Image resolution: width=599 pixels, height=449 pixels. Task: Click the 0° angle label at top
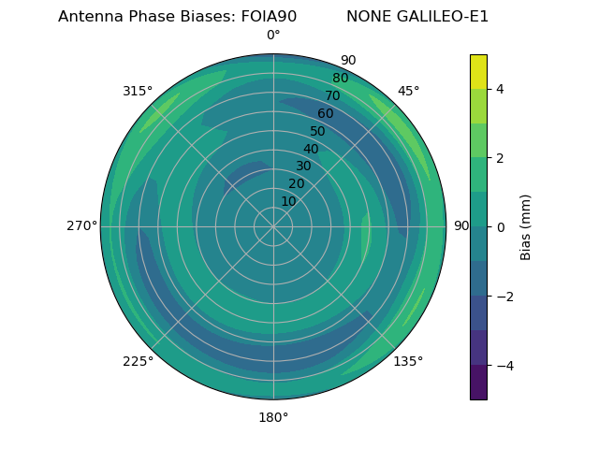coord(273,36)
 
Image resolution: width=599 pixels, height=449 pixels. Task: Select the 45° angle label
coord(408,91)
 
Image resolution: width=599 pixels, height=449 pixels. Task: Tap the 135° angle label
coord(408,361)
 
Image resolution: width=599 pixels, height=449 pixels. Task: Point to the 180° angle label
coord(273,417)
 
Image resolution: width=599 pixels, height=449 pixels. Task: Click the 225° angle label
coord(138,361)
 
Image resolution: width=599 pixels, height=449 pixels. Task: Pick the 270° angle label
coord(81,225)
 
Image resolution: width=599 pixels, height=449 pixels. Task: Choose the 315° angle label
coord(138,91)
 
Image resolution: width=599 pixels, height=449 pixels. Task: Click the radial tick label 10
coord(288,201)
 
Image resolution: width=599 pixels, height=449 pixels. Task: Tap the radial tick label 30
coord(303,167)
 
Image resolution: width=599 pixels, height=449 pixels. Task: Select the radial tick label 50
coord(317,132)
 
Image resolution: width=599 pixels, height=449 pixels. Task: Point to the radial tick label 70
coord(332,95)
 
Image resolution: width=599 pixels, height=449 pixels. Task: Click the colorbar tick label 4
coord(501,89)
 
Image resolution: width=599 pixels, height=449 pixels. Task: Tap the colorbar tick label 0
coord(501,227)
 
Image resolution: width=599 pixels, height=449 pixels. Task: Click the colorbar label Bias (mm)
coord(526,227)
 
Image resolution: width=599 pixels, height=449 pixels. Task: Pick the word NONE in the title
coord(369,17)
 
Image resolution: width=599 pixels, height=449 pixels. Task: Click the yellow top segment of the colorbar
coord(478,71)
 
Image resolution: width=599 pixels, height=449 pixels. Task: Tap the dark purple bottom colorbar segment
coord(478,383)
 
